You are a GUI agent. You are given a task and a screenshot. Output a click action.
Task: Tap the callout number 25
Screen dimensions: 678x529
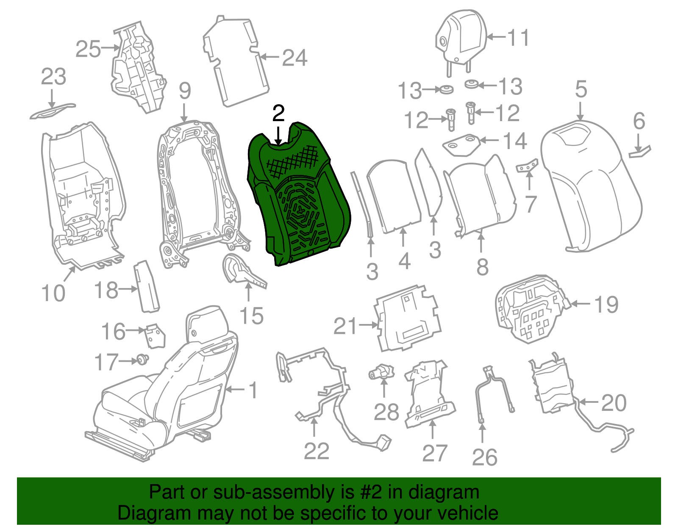[88, 49]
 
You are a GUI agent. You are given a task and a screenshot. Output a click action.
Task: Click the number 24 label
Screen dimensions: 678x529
[295, 58]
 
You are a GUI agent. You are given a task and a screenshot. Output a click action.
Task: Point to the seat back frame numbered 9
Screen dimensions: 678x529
[200, 193]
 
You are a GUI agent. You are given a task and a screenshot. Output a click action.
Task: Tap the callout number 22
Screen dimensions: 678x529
[317, 451]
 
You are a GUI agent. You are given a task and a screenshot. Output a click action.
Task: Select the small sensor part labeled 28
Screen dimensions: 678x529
[382, 372]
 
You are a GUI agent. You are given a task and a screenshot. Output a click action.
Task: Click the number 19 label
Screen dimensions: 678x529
[606, 305]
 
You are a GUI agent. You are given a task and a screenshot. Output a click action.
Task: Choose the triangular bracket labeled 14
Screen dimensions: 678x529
[461, 145]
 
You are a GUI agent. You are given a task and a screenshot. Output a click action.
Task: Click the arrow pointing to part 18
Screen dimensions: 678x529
[128, 289]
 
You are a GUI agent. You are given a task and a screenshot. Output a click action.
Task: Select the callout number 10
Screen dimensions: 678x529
[53, 293]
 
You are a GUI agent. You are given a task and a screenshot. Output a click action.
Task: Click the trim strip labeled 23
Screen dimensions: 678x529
[53, 111]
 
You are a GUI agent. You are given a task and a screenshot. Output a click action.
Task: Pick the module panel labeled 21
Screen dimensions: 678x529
[409, 318]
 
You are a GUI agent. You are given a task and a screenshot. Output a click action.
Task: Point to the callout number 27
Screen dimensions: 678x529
[435, 454]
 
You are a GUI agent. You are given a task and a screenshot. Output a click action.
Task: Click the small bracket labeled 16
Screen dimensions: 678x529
[155, 336]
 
